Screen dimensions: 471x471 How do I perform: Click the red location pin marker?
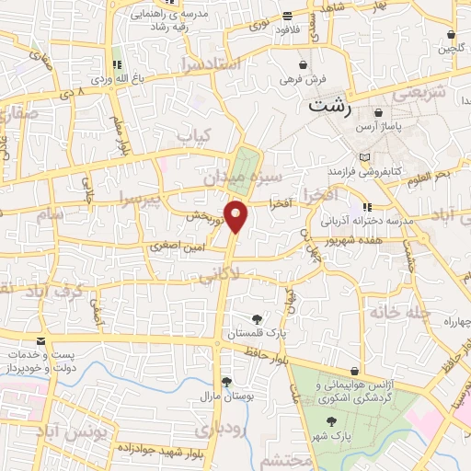[236, 216]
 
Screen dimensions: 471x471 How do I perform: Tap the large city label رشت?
[331, 104]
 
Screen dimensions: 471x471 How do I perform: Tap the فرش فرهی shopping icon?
[303, 65]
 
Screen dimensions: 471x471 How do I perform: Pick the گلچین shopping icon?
[451, 35]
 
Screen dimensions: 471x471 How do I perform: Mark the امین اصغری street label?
[174, 246]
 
